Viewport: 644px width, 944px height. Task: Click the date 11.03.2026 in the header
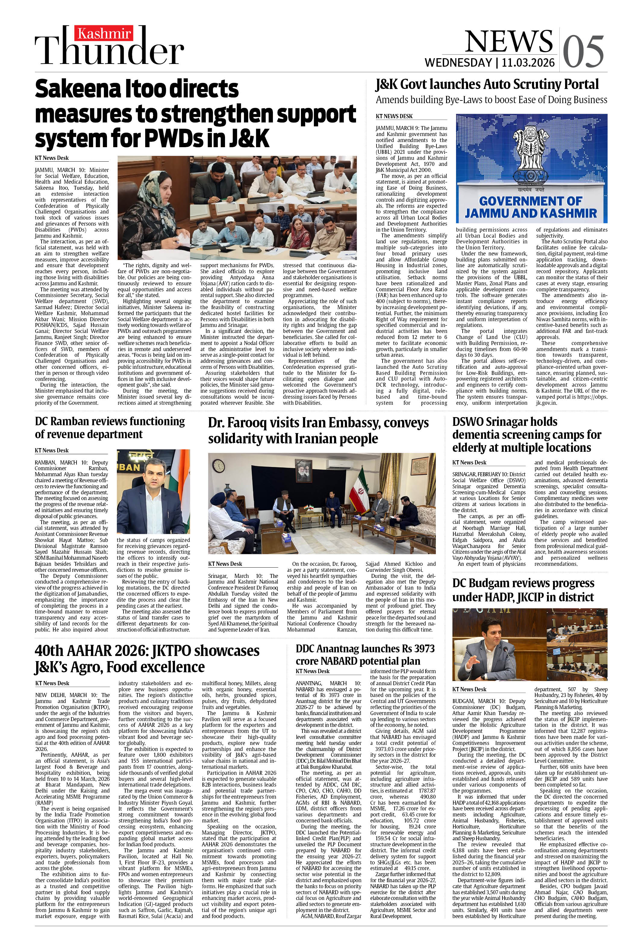tap(528, 62)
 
